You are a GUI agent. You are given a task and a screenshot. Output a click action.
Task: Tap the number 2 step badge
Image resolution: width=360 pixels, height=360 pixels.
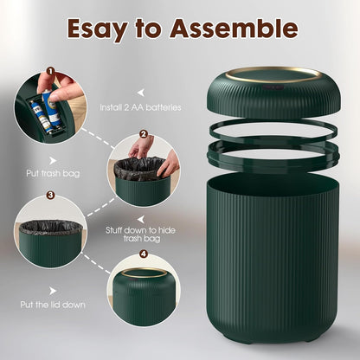(144, 135)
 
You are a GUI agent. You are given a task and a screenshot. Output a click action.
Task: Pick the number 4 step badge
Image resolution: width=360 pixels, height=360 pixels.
(144, 255)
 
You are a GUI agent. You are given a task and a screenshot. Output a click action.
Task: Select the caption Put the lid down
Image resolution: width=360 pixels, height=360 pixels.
(52, 304)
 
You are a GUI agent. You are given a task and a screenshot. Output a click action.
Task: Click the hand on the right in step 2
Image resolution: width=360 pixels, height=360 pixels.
(169, 162)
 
